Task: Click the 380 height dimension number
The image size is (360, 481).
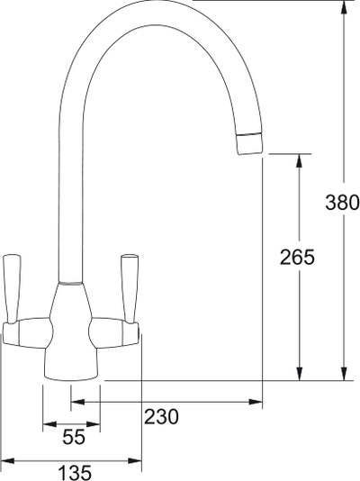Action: (x=342, y=202)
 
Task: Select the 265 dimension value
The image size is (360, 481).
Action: (x=298, y=258)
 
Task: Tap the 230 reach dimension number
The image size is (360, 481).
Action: (x=162, y=416)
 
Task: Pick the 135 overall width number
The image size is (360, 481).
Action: (x=74, y=471)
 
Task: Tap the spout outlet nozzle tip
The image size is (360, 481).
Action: (x=250, y=144)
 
